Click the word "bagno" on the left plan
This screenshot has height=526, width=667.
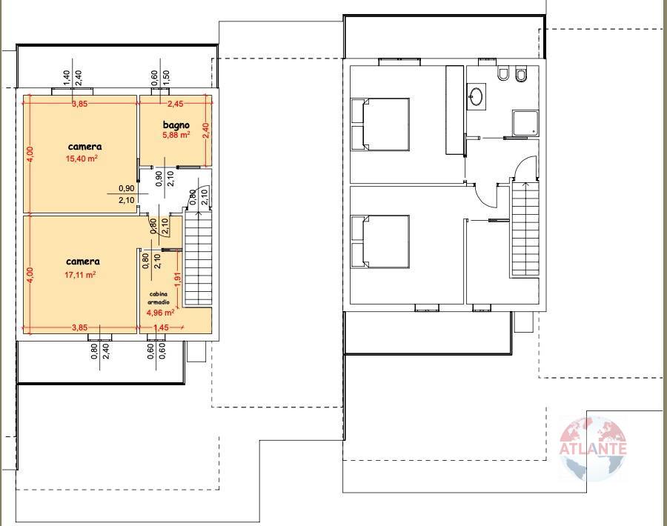[176, 125]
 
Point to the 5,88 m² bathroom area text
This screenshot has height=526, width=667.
[176, 136]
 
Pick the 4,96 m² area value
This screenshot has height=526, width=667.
[160, 312]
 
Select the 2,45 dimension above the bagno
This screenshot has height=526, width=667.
[174, 104]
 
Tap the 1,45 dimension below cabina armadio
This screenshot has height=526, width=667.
[160, 327]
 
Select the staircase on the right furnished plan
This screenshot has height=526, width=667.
[524, 229]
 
